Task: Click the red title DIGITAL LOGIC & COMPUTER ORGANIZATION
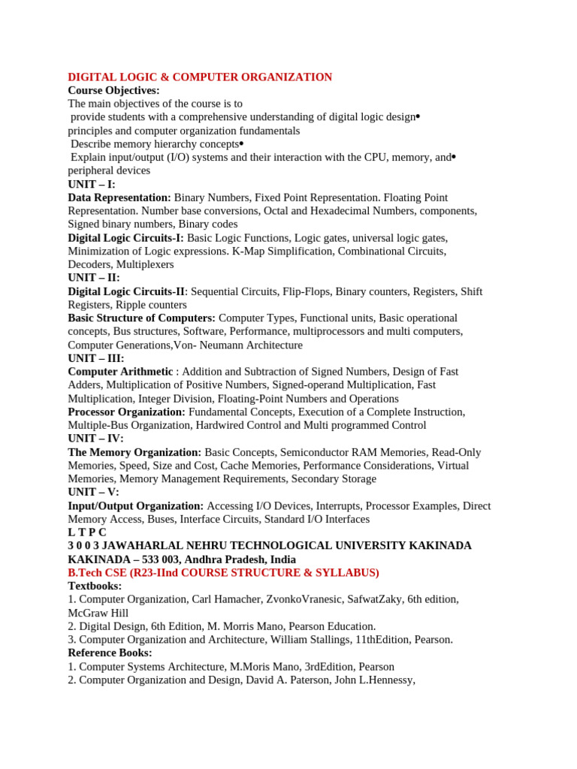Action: click(200, 77)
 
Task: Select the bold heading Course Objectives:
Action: click(113, 90)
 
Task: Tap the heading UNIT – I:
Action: click(92, 184)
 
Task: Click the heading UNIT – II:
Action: click(94, 278)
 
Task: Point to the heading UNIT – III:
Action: click(96, 358)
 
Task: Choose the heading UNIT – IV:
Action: click(96, 439)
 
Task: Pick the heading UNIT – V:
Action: click(94, 493)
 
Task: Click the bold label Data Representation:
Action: click(119, 198)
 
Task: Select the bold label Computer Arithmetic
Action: click(120, 372)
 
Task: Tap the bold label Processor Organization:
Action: click(126, 412)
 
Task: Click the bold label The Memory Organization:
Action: click(134, 452)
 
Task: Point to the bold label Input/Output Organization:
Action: click(136, 506)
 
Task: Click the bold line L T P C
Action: click(87, 532)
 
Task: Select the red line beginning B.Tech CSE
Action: click(223, 573)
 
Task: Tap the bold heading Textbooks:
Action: click(95, 586)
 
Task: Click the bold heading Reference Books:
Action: click(110, 653)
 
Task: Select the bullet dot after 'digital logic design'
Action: click(418, 116)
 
